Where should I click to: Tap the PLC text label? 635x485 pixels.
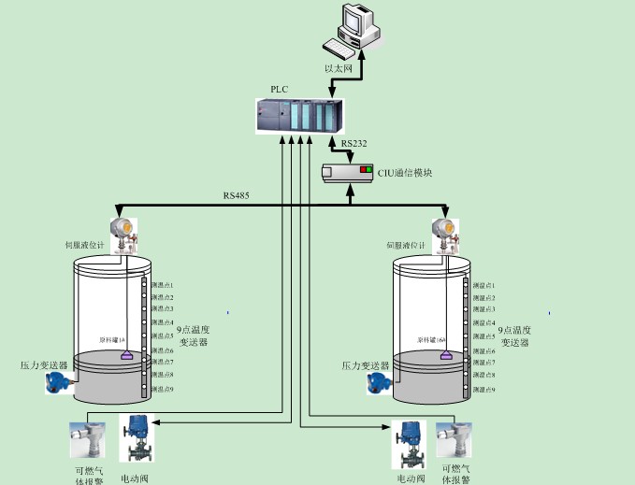pyautogui.click(x=279, y=88)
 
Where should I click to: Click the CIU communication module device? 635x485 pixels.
pyautogui.click(x=348, y=173)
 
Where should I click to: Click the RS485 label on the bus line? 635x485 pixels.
pyautogui.click(x=236, y=195)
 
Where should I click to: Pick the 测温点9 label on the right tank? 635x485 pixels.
pyautogui.click(x=483, y=389)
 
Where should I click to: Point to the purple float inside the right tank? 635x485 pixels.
pyautogui.click(x=445, y=354)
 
